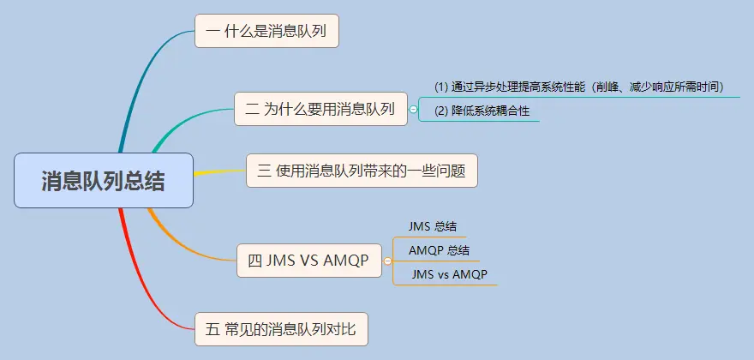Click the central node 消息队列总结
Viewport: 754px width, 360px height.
coord(104,181)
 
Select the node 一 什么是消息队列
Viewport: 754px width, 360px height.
coord(266,31)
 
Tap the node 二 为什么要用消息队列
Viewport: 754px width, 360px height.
coord(320,109)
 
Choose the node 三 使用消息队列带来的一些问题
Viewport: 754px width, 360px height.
coord(361,171)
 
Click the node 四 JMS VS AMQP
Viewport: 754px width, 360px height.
coord(308,261)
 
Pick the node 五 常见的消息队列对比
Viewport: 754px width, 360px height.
coord(281,328)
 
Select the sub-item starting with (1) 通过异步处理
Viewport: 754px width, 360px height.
coord(579,87)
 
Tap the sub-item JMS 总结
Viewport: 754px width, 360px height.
coord(433,227)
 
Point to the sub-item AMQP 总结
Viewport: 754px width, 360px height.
coord(439,250)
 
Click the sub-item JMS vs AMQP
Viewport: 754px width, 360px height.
coord(449,274)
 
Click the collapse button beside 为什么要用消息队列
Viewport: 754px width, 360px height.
coord(414,110)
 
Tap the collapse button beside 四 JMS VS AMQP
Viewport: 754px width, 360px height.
coord(387,261)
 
